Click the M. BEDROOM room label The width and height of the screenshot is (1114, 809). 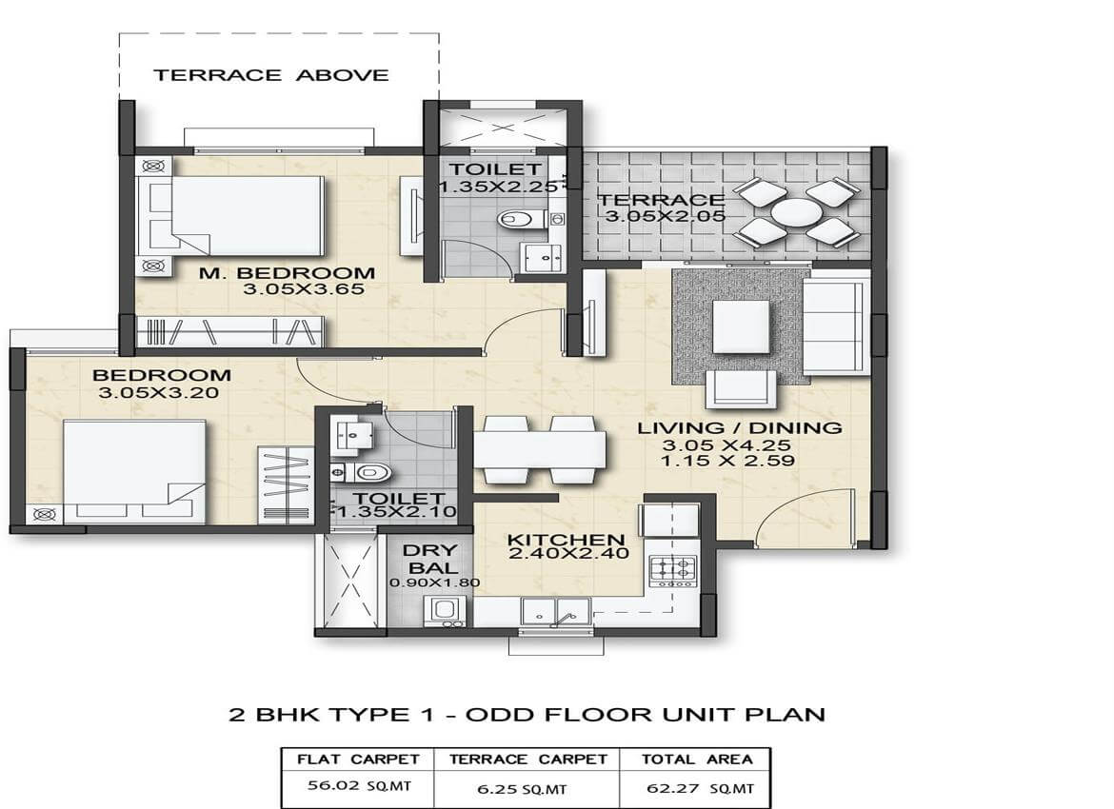pyautogui.click(x=287, y=273)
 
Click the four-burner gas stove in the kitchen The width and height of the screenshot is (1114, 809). pyautogui.click(x=672, y=570)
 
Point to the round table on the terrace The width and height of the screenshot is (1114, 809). pyautogui.click(x=796, y=212)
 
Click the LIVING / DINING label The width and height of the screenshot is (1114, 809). pyautogui.click(x=739, y=428)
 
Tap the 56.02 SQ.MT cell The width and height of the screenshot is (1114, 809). pyautogui.click(x=357, y=788)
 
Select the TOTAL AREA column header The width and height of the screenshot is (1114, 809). pyautogui.click(x=695, y=759)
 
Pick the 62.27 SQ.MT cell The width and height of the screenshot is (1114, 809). pyautogui.click(x=695, y=788)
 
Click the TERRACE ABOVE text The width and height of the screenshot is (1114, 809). pyautogui.click(x=271, y=75)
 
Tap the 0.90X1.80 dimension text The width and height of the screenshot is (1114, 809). pyautogui.click(x=434, y=583)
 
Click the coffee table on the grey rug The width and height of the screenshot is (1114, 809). pyautogui.click(x=741, y=326)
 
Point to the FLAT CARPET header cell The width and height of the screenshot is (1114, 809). pyautogui.click(x=358, y=759)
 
